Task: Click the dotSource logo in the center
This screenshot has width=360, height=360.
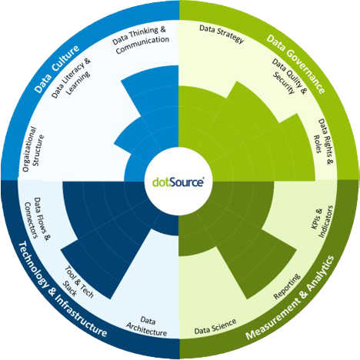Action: (x=178, y=182)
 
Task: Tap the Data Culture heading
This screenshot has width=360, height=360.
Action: (x=57, y=68)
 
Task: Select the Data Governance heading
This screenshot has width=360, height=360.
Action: (x=296, y=64)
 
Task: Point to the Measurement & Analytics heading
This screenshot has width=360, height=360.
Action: (x=290, y=297)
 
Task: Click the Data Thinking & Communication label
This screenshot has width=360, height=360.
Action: (x=141, y=40)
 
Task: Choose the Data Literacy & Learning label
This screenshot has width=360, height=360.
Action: (x=72, y=78)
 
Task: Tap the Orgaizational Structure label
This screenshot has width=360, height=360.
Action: (x=33, y=149)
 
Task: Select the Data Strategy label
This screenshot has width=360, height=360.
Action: (x=222, y=34)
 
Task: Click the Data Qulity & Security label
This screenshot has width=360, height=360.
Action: (x=290, y=76)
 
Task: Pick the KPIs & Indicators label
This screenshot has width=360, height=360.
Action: (x=322, y=221)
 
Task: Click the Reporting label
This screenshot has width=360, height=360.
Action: (x=287, y=286)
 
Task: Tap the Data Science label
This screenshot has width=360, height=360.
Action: (x=215, y=327)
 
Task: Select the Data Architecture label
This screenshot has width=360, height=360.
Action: (x=147, y=326)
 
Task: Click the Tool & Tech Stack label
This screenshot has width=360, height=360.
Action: (x=78, y=282)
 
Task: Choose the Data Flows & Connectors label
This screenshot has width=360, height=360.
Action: (x=38, y=218)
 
